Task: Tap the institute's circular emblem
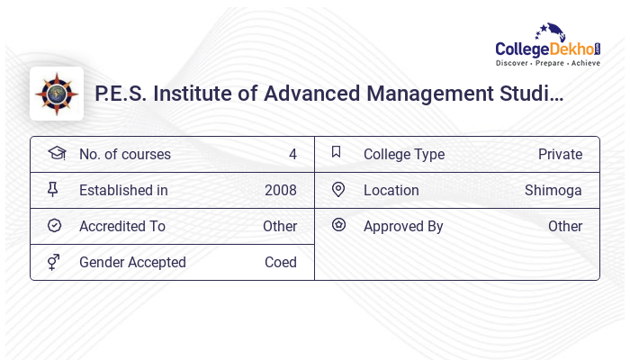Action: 57,94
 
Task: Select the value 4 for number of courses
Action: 292,155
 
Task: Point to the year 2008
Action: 281,191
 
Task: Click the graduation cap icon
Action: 56,154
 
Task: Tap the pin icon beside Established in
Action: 53,190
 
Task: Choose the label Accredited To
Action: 122,227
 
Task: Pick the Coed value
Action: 281,263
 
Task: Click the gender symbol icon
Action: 54,262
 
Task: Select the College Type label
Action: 404,155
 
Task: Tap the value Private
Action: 560,155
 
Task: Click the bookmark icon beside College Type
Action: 337,153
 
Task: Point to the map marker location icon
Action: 338,190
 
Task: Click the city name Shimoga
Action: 553,191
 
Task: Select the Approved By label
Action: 403,227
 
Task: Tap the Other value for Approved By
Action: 565,227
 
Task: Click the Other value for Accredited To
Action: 280,227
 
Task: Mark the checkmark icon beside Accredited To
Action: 54,226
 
